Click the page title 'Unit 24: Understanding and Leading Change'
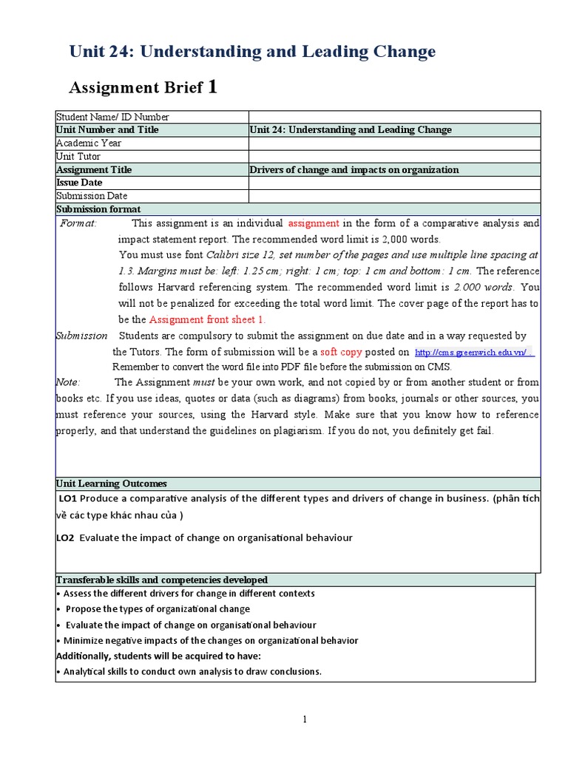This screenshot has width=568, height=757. coord(252,52)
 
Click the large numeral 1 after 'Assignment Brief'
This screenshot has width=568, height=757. coord(213,87)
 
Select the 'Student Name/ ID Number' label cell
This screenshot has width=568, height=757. coord(112,117)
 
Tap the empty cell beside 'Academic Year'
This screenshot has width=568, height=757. coord(394,143)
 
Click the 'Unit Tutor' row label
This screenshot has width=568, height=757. coord(78,157)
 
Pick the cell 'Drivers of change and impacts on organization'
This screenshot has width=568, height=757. coord(354,170)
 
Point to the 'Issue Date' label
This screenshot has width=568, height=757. coord(79,183)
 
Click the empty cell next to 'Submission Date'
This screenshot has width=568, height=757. coord(394,196)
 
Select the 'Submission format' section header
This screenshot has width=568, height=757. coord(98,209)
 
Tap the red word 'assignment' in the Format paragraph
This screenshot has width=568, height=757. coord(314,223)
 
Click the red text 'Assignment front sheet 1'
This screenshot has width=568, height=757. coord(207,320)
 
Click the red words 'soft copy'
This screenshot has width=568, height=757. coord(341,353)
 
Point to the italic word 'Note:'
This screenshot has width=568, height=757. coord(69,382)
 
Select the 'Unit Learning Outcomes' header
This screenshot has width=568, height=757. coord(111,483)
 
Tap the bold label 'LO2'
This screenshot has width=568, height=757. coord(67,537)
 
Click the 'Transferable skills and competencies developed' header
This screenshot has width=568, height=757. coord(162,580)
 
